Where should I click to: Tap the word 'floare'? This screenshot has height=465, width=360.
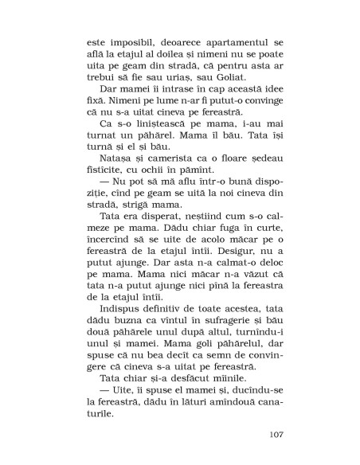233,182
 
